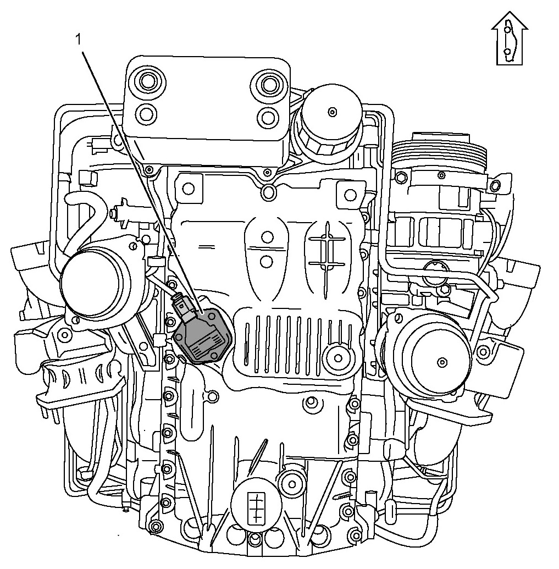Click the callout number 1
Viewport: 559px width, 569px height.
tap(78, 40)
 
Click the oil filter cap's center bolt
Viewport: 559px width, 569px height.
tap(331, 112)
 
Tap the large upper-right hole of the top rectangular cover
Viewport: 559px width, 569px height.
tap(268, 82)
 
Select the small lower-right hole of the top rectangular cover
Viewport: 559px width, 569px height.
tap(268, 116)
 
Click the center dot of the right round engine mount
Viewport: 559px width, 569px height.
tap(441, 362)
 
